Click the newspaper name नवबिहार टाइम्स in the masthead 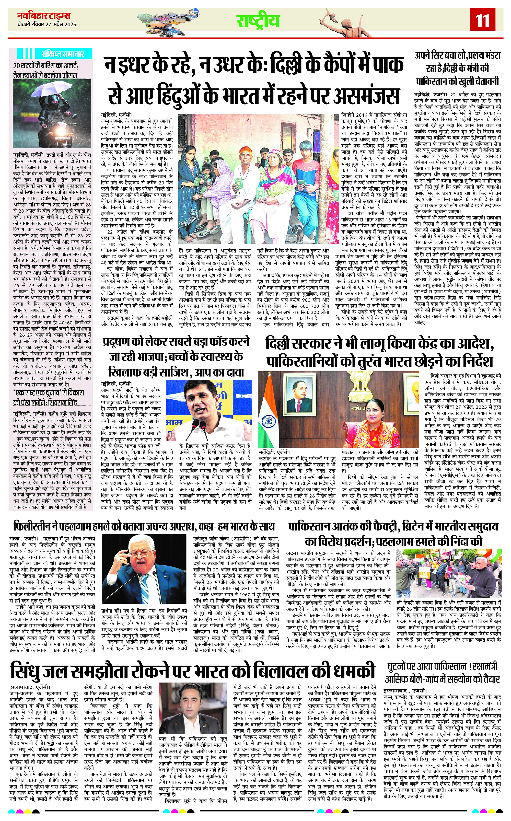coord(44,16)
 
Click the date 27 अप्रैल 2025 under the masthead coord(61,24)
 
